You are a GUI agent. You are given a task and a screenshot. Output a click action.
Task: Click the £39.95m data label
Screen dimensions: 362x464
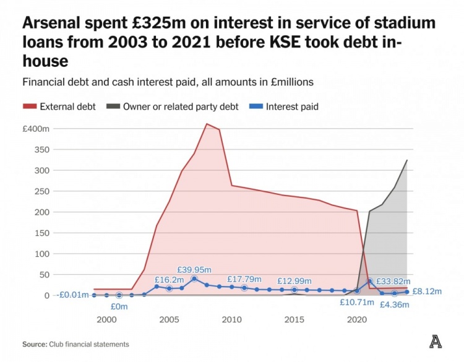(194, 270)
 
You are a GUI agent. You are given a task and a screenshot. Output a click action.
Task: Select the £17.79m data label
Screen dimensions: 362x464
(244, 280)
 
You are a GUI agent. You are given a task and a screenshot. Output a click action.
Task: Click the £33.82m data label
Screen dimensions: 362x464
(393, 282)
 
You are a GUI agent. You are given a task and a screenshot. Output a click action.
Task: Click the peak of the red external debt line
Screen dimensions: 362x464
(207, 124)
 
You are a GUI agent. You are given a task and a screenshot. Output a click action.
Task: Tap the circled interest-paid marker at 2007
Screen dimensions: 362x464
(194, 279)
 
